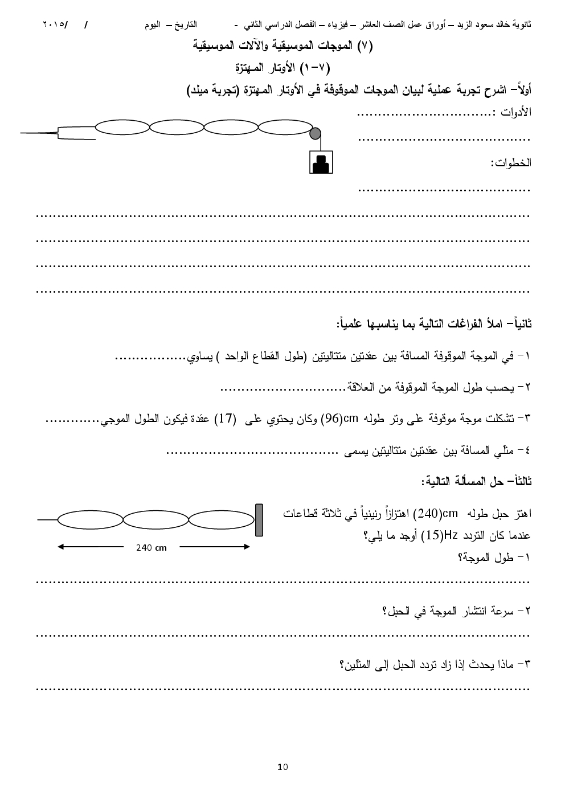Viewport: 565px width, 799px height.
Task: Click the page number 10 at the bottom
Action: tap(283, 767)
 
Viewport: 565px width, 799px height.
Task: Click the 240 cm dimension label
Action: tap(152, 547)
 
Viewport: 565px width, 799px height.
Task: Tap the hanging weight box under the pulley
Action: tap(321, 162)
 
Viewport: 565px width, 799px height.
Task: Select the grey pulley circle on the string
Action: tap(315, 133)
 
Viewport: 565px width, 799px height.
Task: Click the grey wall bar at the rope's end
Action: tap(259, 520)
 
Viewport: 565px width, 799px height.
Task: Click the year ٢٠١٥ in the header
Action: tap(55, 25)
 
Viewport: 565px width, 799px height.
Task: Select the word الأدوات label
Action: tap(515, 112)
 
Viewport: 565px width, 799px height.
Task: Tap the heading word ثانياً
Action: tap(518, 323)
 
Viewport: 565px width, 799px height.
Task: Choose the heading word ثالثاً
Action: tap(518, 481)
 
